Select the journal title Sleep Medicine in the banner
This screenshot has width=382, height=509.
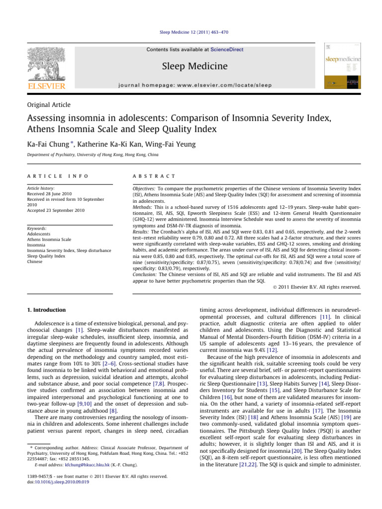[191, 67]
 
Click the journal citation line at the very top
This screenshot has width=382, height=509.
[191, 32]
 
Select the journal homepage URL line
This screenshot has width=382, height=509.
[191, 85]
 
